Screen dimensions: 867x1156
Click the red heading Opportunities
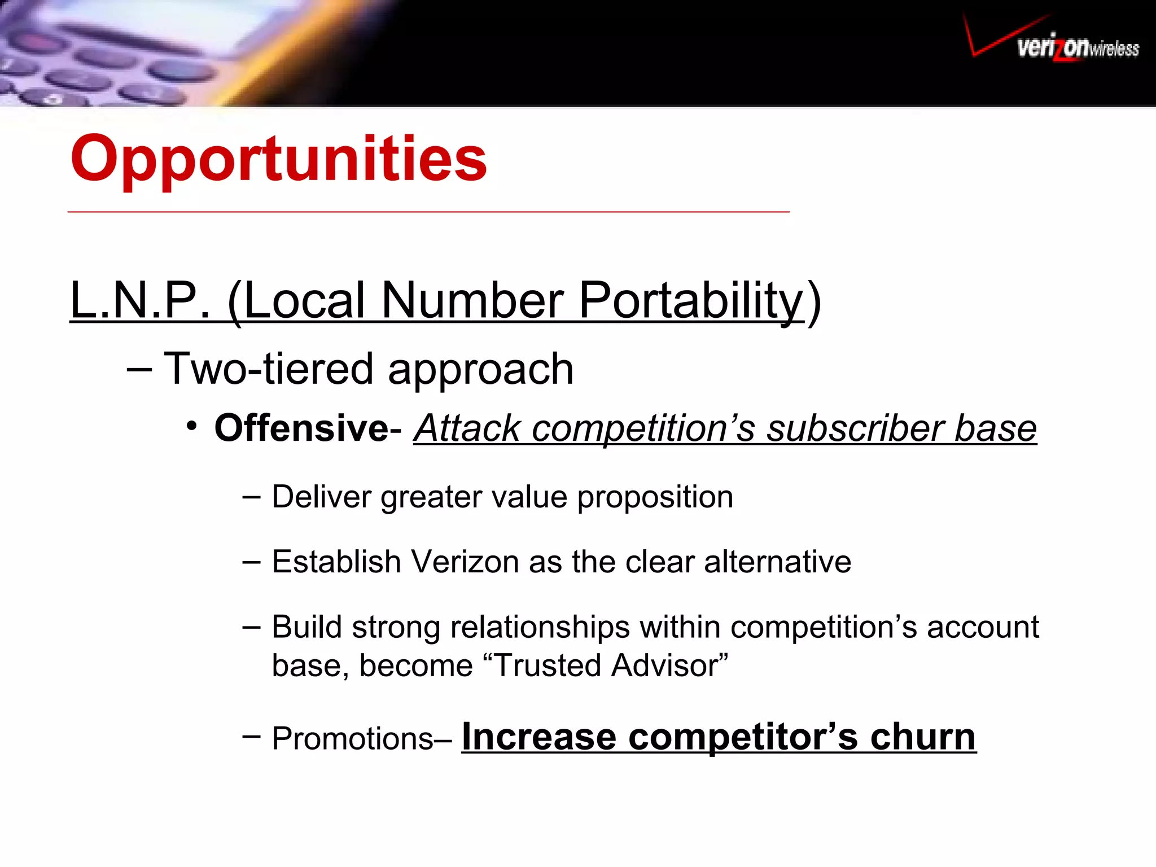pos(278,159)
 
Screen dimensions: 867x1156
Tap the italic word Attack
pos(467,428)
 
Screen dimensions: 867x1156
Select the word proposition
pos(655,497)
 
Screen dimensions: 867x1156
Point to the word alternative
pos(777,562)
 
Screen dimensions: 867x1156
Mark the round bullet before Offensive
pos(192,426)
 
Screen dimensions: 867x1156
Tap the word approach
pos(480,369)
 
